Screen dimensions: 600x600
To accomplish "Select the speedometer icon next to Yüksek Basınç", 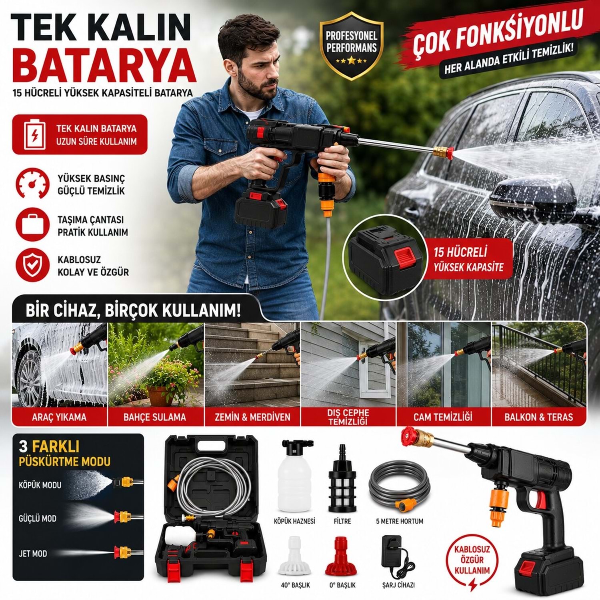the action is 33,184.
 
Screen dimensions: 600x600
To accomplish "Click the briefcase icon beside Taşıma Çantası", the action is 33,225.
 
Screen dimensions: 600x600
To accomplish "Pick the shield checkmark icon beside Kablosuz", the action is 33,265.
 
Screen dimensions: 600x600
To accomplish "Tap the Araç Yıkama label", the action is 59,417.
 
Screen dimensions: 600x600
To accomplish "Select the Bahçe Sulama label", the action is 155,417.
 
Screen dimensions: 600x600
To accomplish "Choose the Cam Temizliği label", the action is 443,417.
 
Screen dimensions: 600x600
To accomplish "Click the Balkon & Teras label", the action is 538,417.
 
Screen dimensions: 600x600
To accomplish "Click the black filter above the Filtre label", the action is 342,478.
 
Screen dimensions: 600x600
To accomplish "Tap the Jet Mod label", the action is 33,554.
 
